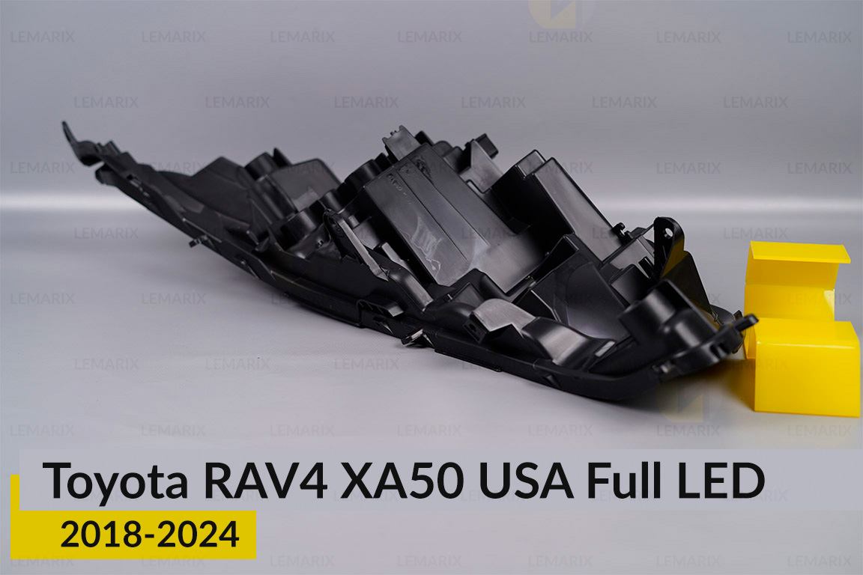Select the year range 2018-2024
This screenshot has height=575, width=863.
150,535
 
